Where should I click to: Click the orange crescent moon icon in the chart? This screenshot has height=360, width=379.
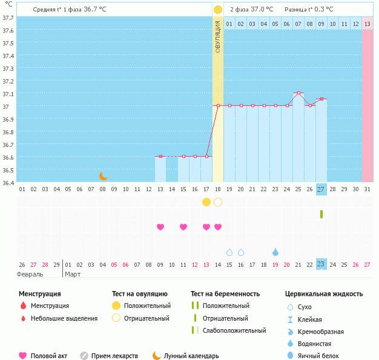pyautogui.click(x=104, y=176)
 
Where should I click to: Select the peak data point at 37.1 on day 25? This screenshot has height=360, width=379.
pyautogui.click(x=298, y=93)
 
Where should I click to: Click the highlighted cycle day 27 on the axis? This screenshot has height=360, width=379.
pyautogui.click(x=321, y=189)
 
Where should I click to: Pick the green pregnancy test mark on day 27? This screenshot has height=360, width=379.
pyautogui.click(x=321, y=214)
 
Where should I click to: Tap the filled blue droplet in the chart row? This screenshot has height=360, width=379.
pyautogui.click(x=275, y=252)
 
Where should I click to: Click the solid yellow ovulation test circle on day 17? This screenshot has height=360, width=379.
pyautogui.click(x=206, y=202)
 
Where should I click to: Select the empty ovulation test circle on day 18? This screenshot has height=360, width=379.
pyautogui.click(x=218, y=202)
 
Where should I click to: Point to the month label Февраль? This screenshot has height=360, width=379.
pyautogui.click(x=30, y=274)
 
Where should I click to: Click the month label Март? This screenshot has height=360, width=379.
pyautogui.click(x=73, y=274)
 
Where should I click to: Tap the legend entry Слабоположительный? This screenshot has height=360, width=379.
pyautogui.click(x=234, y=330)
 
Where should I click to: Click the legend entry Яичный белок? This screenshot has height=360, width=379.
pyautogui.click(x=321, y=356)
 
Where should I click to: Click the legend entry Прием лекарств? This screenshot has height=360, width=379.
pyautogui.click(x=114, y=356)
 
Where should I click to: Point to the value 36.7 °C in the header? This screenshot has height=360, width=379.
pyautogui.click(x=94, y=10)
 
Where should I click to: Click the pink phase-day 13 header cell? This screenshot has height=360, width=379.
pyautogui.click(x=367, y=24)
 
